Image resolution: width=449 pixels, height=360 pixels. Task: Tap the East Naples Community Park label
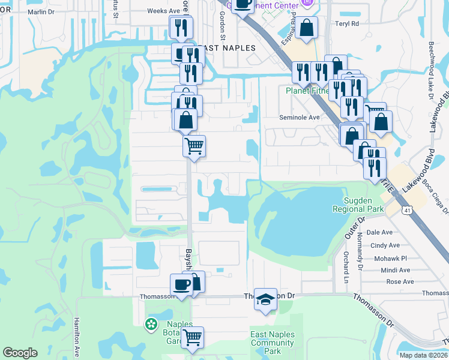pos(273,343)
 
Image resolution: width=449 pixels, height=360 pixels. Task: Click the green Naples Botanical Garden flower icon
pos(151,325)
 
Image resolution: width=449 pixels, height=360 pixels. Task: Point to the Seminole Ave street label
pos(299,118)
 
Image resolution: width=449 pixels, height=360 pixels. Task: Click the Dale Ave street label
pos(379,232)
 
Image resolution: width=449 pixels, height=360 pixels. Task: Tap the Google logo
pos(20,353)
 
